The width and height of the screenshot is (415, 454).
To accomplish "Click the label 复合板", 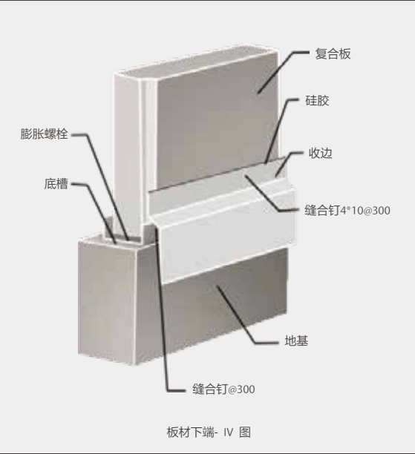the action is [x=333, y=54].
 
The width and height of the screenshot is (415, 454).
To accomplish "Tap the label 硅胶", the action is [x=317, y=100].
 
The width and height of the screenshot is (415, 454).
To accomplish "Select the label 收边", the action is [x=320, y=153].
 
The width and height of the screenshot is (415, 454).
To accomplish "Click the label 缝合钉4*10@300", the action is [x=347, y=210].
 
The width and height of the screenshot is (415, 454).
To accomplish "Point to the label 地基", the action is [x=296, y=340].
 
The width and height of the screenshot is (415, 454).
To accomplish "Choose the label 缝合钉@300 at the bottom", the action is [x=223, y=389].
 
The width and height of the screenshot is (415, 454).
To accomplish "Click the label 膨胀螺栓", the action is [x=44, y=134].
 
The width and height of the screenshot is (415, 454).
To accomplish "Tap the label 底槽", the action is [x=56, y=184].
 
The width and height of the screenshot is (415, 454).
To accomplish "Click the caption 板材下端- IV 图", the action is [x=209, y=432].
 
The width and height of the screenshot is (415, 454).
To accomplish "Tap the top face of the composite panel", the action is [x=195, y=62].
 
